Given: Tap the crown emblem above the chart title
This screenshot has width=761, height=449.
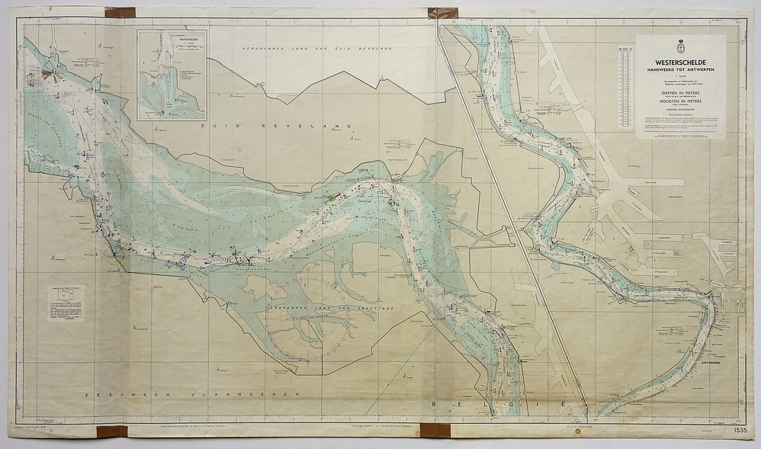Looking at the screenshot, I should pos(680,47).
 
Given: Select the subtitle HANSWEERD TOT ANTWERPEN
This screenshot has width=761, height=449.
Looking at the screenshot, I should pos(680,69).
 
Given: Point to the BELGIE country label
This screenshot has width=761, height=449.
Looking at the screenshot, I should pos(496,403).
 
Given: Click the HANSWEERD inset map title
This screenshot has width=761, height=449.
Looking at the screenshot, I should pos(172,37).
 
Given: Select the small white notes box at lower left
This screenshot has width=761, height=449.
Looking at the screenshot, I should pos(66,303).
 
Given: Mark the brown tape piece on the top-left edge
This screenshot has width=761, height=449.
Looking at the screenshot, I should pos(120,12).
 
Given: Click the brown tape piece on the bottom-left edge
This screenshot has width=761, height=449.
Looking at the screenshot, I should pos(111,431).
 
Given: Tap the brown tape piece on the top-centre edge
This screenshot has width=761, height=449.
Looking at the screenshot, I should pos(442,13).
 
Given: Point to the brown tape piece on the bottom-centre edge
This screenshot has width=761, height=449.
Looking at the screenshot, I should pos(437,431).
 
